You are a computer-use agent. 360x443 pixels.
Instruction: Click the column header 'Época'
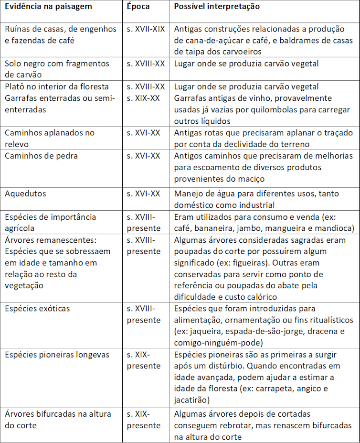(138, 7)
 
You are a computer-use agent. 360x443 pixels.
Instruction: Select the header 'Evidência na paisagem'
(48, 7)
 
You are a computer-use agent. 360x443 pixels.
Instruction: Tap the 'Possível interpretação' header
(217, 7)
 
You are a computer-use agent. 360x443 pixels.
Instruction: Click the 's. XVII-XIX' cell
(146, 29)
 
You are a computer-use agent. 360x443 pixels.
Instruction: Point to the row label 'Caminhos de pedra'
(41, 156)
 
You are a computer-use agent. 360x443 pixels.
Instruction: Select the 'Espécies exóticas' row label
(37, 309)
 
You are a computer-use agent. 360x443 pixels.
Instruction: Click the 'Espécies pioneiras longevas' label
(57, 355)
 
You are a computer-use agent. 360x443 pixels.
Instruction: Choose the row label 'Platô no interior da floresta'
(57, 86)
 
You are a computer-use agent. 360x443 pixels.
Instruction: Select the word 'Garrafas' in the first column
(21, 98)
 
